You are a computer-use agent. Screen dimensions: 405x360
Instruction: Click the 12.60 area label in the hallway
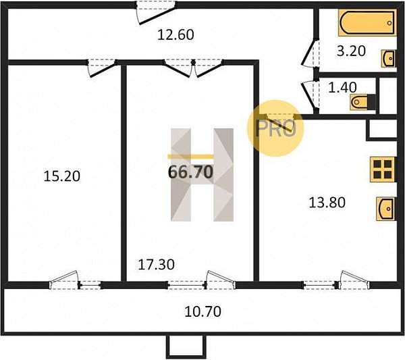point(175,35)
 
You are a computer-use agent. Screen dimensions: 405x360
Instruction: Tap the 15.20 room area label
point(61,176)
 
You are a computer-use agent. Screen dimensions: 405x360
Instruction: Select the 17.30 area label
point(157,264)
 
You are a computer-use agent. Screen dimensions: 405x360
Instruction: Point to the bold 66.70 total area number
point(190,172)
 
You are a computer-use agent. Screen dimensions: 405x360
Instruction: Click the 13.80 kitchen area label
point(327,203)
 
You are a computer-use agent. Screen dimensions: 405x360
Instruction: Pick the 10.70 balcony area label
point(202,311)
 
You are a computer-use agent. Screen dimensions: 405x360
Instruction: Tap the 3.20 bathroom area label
point(351,51)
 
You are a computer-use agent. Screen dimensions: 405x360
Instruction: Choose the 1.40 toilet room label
point(342,87)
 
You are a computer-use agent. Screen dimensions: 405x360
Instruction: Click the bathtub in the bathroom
point(367,23)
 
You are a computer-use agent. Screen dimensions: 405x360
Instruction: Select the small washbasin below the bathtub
point(389,59)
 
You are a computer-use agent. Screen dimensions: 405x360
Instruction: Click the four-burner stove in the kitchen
point(383,170)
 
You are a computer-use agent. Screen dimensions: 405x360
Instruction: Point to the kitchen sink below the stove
point(385,209)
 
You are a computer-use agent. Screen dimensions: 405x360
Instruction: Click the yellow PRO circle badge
point(275,128)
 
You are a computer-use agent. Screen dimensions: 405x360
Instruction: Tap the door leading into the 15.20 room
point(101,68)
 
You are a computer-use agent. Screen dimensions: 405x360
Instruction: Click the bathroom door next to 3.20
point(310,54)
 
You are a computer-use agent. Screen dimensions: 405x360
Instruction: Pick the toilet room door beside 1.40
point(310,97)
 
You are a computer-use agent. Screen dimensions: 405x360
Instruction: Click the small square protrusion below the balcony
point(186,347)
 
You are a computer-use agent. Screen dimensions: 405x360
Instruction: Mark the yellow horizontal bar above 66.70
point(190,156)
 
